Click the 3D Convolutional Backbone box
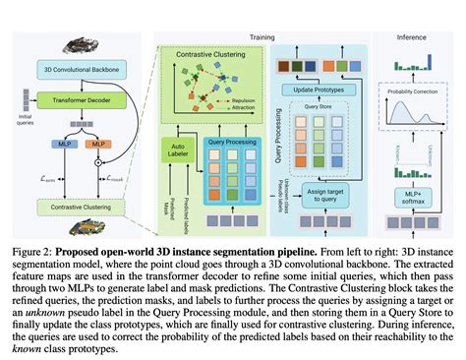coord(75,68)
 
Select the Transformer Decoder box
coord(75,101)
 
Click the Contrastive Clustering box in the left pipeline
coord(75,208)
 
